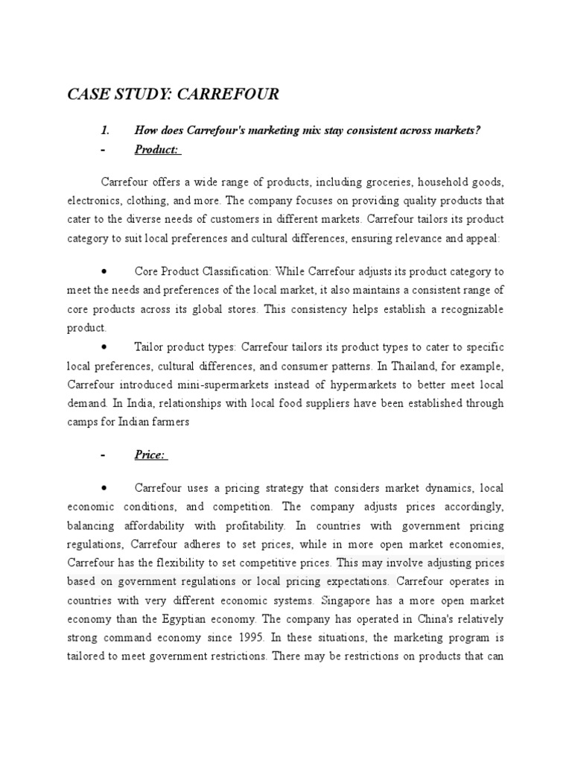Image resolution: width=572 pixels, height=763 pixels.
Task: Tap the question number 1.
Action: tap(105, 131)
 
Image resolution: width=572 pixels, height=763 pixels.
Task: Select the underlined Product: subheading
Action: tap(157, 150)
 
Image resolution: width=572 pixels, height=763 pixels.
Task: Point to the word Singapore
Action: tap(365, 601)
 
